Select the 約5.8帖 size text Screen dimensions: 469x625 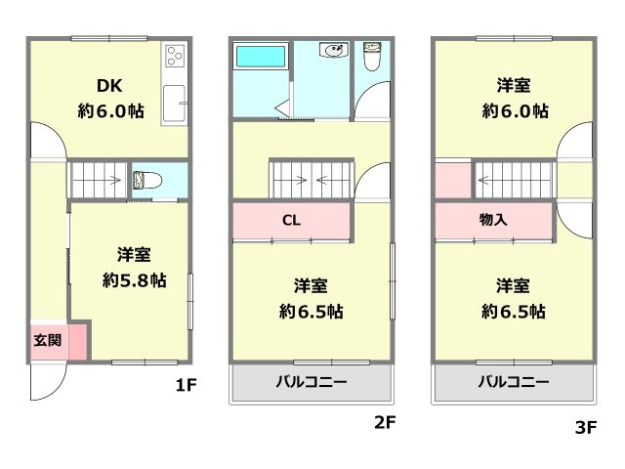(134, 280)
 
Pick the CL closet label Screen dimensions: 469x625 (291, 219)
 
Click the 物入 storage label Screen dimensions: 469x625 (493, 219)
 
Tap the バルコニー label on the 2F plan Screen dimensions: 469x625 (311, 381)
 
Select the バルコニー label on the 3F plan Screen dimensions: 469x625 (513, 381)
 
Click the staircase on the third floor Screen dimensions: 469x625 (514, 180)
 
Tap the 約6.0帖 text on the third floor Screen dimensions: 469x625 (514, 110)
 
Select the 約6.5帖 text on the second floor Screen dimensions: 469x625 (311, 313)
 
